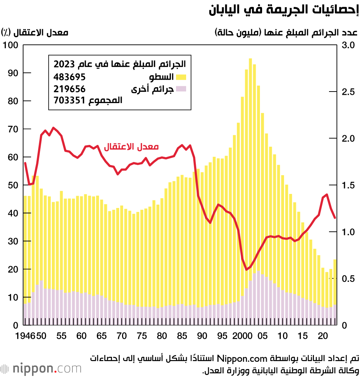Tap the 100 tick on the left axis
[x=10, y=45]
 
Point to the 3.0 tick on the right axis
[x=348, y=45]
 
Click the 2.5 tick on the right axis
[x=348, y=92]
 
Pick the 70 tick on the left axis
[x=13, y=129]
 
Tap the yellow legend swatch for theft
[x=181, y=77]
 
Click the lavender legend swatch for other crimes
[x=181, y=89]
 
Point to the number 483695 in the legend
[x=69, y=77]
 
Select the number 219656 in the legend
[x=69, y=89]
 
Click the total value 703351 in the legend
[x=69, y=101]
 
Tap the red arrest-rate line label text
[x=131, y=147]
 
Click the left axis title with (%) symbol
[x=35, y=32]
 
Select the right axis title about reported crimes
[x=286, y=32]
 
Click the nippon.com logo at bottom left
[x=41, y=369]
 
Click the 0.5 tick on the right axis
[x=348, y=279]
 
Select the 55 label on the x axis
[x=62, y=336]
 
